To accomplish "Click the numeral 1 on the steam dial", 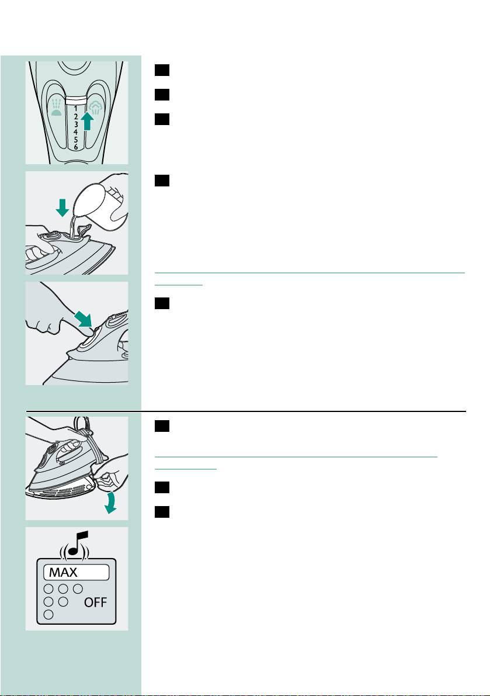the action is tap(76, 108).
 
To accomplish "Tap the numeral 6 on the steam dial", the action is tap(76, 147).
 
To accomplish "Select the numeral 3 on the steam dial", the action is tap(76, 124).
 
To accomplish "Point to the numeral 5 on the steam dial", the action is tap(76, 139).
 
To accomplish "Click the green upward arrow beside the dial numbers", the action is tap(88, 120).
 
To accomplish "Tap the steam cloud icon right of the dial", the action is tap(95, 109).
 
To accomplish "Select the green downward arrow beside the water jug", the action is tap(62, 207).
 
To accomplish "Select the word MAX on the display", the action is tap(63, 573).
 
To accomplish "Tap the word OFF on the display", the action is tap(96, 602).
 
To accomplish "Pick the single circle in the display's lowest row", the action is tap(49, 615).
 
